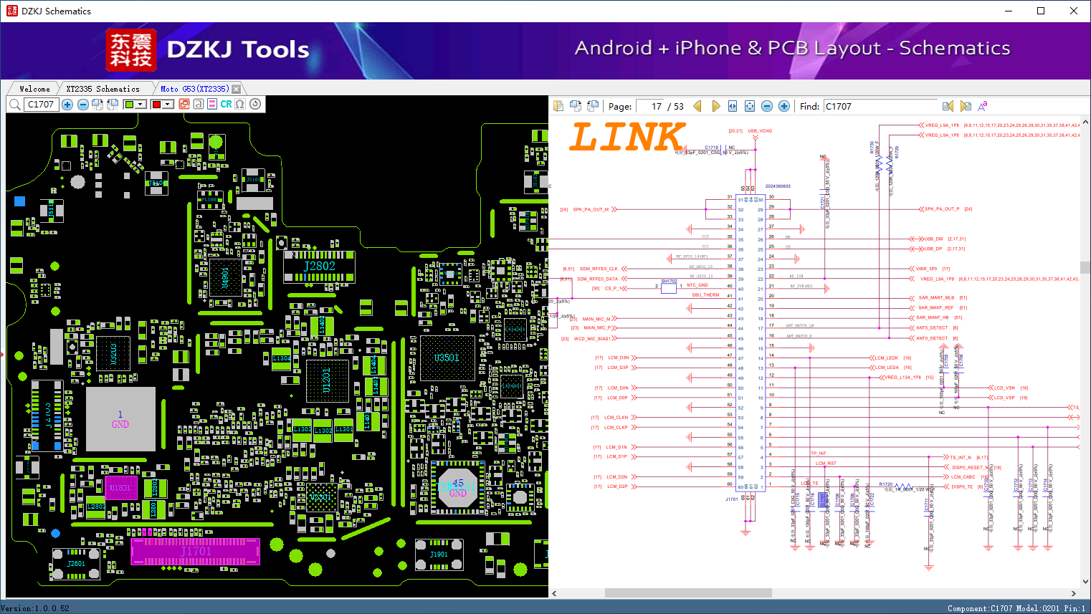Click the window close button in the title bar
(1073, 11)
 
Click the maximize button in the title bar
(1041, 11)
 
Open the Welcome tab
(34, 89)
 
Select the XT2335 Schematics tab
(103, 89)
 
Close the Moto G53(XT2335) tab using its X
(237, 89)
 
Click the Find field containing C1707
(880, 106)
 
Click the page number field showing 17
(651, 106)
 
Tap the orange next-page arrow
(715, 106)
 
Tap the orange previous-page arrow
(697, 106)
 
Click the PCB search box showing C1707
(41, 105)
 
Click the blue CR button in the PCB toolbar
(226, 105)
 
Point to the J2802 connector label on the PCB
(319, 266)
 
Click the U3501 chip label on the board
(447, 358)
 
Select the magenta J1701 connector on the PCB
(195, 551)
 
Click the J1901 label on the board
(439, 555)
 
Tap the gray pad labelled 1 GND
(120, 419)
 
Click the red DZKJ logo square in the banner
(130, 50)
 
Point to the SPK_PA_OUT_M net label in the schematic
(591, 210)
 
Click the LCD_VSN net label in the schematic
(1004, 388)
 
